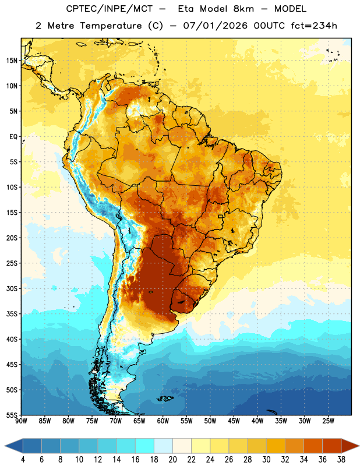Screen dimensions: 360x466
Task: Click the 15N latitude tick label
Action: point(12,61)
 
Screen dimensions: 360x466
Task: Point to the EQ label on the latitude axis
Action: point(13,137)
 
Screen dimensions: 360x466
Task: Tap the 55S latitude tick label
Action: point(12,415)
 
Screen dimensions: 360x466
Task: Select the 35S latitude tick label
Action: point(12,314)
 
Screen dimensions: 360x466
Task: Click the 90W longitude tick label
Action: point(21,421)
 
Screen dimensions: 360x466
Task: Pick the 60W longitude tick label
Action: point(163,421)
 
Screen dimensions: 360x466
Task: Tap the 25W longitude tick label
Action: point(328,421)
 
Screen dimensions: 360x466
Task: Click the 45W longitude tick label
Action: point(234,421)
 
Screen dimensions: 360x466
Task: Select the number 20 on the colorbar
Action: point(172,460)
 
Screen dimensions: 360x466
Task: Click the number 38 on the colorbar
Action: point(341,460)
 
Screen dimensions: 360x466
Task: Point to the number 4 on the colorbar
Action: point(23,460)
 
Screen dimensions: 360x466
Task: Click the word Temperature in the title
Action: point(111,26)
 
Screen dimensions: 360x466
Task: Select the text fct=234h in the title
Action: point(314,26)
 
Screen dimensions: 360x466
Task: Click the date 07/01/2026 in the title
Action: point(215,26)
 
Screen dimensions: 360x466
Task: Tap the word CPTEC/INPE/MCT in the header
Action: point(110,9)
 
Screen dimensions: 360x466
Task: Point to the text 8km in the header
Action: point(243,9)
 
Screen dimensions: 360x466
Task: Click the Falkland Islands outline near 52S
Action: point(165,398)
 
